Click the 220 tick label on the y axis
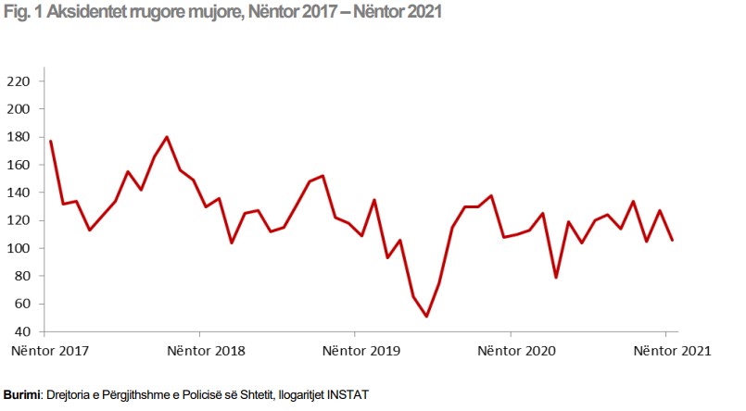tap(19, 81)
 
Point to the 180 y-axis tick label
tap(19, 137)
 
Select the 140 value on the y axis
tap(19, 193)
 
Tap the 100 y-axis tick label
tap(19, 248)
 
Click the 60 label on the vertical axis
tap(23, 304)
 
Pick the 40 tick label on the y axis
tap(23, 331)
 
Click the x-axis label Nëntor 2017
tap(50, 351)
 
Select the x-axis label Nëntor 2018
tap(205, 351)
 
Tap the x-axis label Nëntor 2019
tap(360, 351)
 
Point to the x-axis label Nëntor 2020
tap(515, 351)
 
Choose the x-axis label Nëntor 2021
tap(671, 351)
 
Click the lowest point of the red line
tap(426, 317)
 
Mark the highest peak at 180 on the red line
tap(167, 137)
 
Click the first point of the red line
tap(50, 141)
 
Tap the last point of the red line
tap(672, 240)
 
